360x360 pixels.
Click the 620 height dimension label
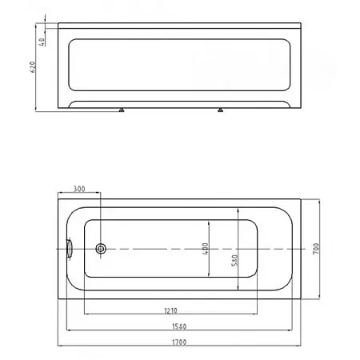coord(32,67)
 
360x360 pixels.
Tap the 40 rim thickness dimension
coord(42,42)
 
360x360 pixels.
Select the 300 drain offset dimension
coord(79,189)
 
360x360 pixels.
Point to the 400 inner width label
coord(205,249)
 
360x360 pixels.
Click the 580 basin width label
coord(234,260)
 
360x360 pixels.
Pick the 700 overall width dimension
coord(316,249)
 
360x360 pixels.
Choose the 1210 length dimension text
coord(170,310)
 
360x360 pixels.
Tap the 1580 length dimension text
coord(179,326)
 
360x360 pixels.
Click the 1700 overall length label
coord(179,342)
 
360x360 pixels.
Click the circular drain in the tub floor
coord(101,249)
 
